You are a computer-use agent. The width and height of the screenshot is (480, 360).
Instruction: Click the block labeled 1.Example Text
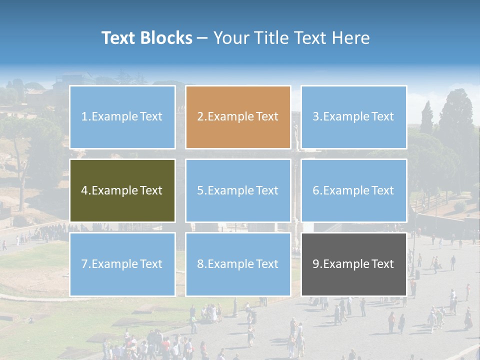coord(122,117)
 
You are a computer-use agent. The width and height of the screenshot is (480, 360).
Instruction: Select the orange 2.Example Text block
coord(238,117)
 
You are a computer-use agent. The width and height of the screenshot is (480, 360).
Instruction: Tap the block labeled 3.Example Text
coord(353,117)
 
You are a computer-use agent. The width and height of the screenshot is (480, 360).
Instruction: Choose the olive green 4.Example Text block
coord(122,190)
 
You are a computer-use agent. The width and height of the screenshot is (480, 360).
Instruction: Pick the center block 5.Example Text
coord(238,190)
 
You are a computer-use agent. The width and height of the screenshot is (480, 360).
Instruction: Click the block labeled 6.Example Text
coord(353,190)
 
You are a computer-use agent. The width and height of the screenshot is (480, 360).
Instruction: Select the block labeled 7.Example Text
coord(122,264)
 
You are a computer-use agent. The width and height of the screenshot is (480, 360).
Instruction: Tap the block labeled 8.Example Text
coord(238,264)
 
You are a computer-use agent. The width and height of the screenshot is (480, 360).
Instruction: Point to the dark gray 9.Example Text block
coord(353,264)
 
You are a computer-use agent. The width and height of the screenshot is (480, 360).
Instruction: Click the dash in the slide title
coord(202,38)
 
